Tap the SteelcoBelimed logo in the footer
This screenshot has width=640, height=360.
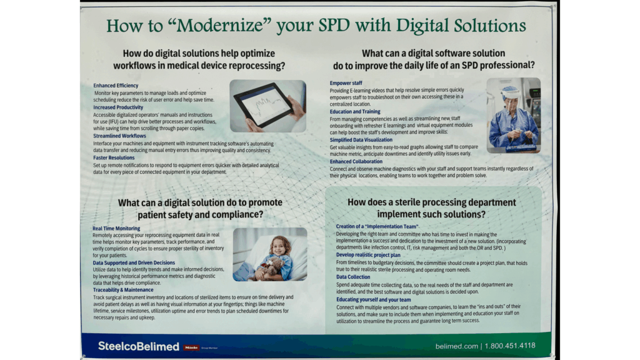click(138, 346)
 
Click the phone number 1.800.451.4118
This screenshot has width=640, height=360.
click(510, 346)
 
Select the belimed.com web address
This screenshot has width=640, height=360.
click(456, 346)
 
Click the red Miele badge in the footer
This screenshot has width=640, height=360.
click(191, 347)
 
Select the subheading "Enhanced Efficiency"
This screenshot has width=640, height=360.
click(116, 86)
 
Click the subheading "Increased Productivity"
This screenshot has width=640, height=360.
click(118, 107)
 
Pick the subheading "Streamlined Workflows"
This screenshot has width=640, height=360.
click(119, 136)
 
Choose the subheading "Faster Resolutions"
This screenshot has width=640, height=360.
click(114, 157)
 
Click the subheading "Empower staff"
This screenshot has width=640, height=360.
click(346, 83)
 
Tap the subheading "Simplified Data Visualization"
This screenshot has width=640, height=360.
click(361, 140)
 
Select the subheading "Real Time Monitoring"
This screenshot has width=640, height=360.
click(116, 229)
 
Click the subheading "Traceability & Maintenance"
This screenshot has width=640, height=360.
click(123, 290)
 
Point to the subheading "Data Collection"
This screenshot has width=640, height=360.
click(353, 277)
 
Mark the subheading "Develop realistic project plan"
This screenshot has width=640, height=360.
click(368, 255)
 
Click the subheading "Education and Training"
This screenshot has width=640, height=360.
click(355, 111)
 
